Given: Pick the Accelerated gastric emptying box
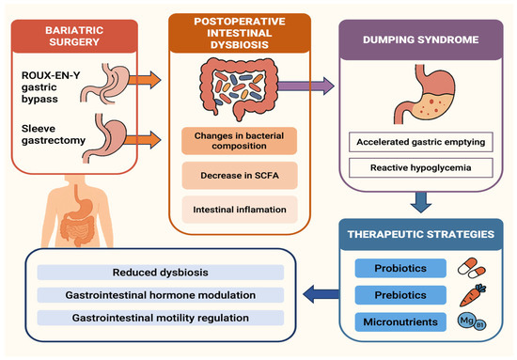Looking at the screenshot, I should pos(417,143).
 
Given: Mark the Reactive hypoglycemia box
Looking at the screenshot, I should pos(417,169).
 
